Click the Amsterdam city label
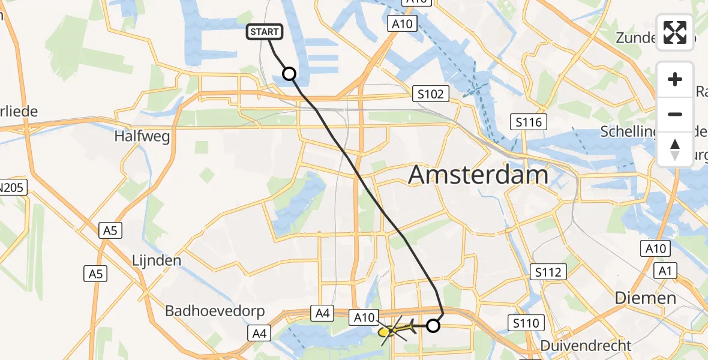[x=478, y=175]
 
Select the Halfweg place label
[x=142, y=136]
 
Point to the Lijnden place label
[x=156, y=260]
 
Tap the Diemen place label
[x=645, y=298]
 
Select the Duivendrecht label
[x=586, y=346]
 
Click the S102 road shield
[x=431, y=94]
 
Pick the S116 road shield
[x=528, y=122]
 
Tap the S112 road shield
[x=548, y=272]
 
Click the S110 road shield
[x=526, y=323]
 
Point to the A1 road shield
[x=664, y=271]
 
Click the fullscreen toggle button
[x=675, y=32]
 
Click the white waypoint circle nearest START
[x=289, y=74]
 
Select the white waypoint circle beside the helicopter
[x=433, y=326]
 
